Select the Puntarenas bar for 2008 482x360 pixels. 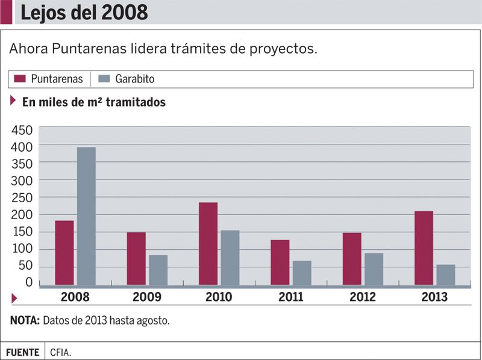coord(64,252)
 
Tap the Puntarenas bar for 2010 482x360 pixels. coord(208,243)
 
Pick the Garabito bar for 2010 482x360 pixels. coord(230,257)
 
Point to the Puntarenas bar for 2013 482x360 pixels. coord(424,247)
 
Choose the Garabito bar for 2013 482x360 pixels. coord(446,275)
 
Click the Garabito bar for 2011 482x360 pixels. coord(302,272)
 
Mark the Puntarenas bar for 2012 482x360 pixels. coord(352,258)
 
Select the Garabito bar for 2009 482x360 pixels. coord(158,270)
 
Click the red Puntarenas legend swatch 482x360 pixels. coord(20,79)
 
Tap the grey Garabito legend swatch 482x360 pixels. coord(104,79)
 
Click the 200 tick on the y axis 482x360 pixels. coord(22,215)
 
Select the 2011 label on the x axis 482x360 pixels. coord(290,297)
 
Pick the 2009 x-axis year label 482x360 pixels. coord(147,297)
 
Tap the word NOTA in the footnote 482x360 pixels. coord(25,320)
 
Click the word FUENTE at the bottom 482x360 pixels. coord(22,352)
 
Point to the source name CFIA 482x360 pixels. coord(61,352)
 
